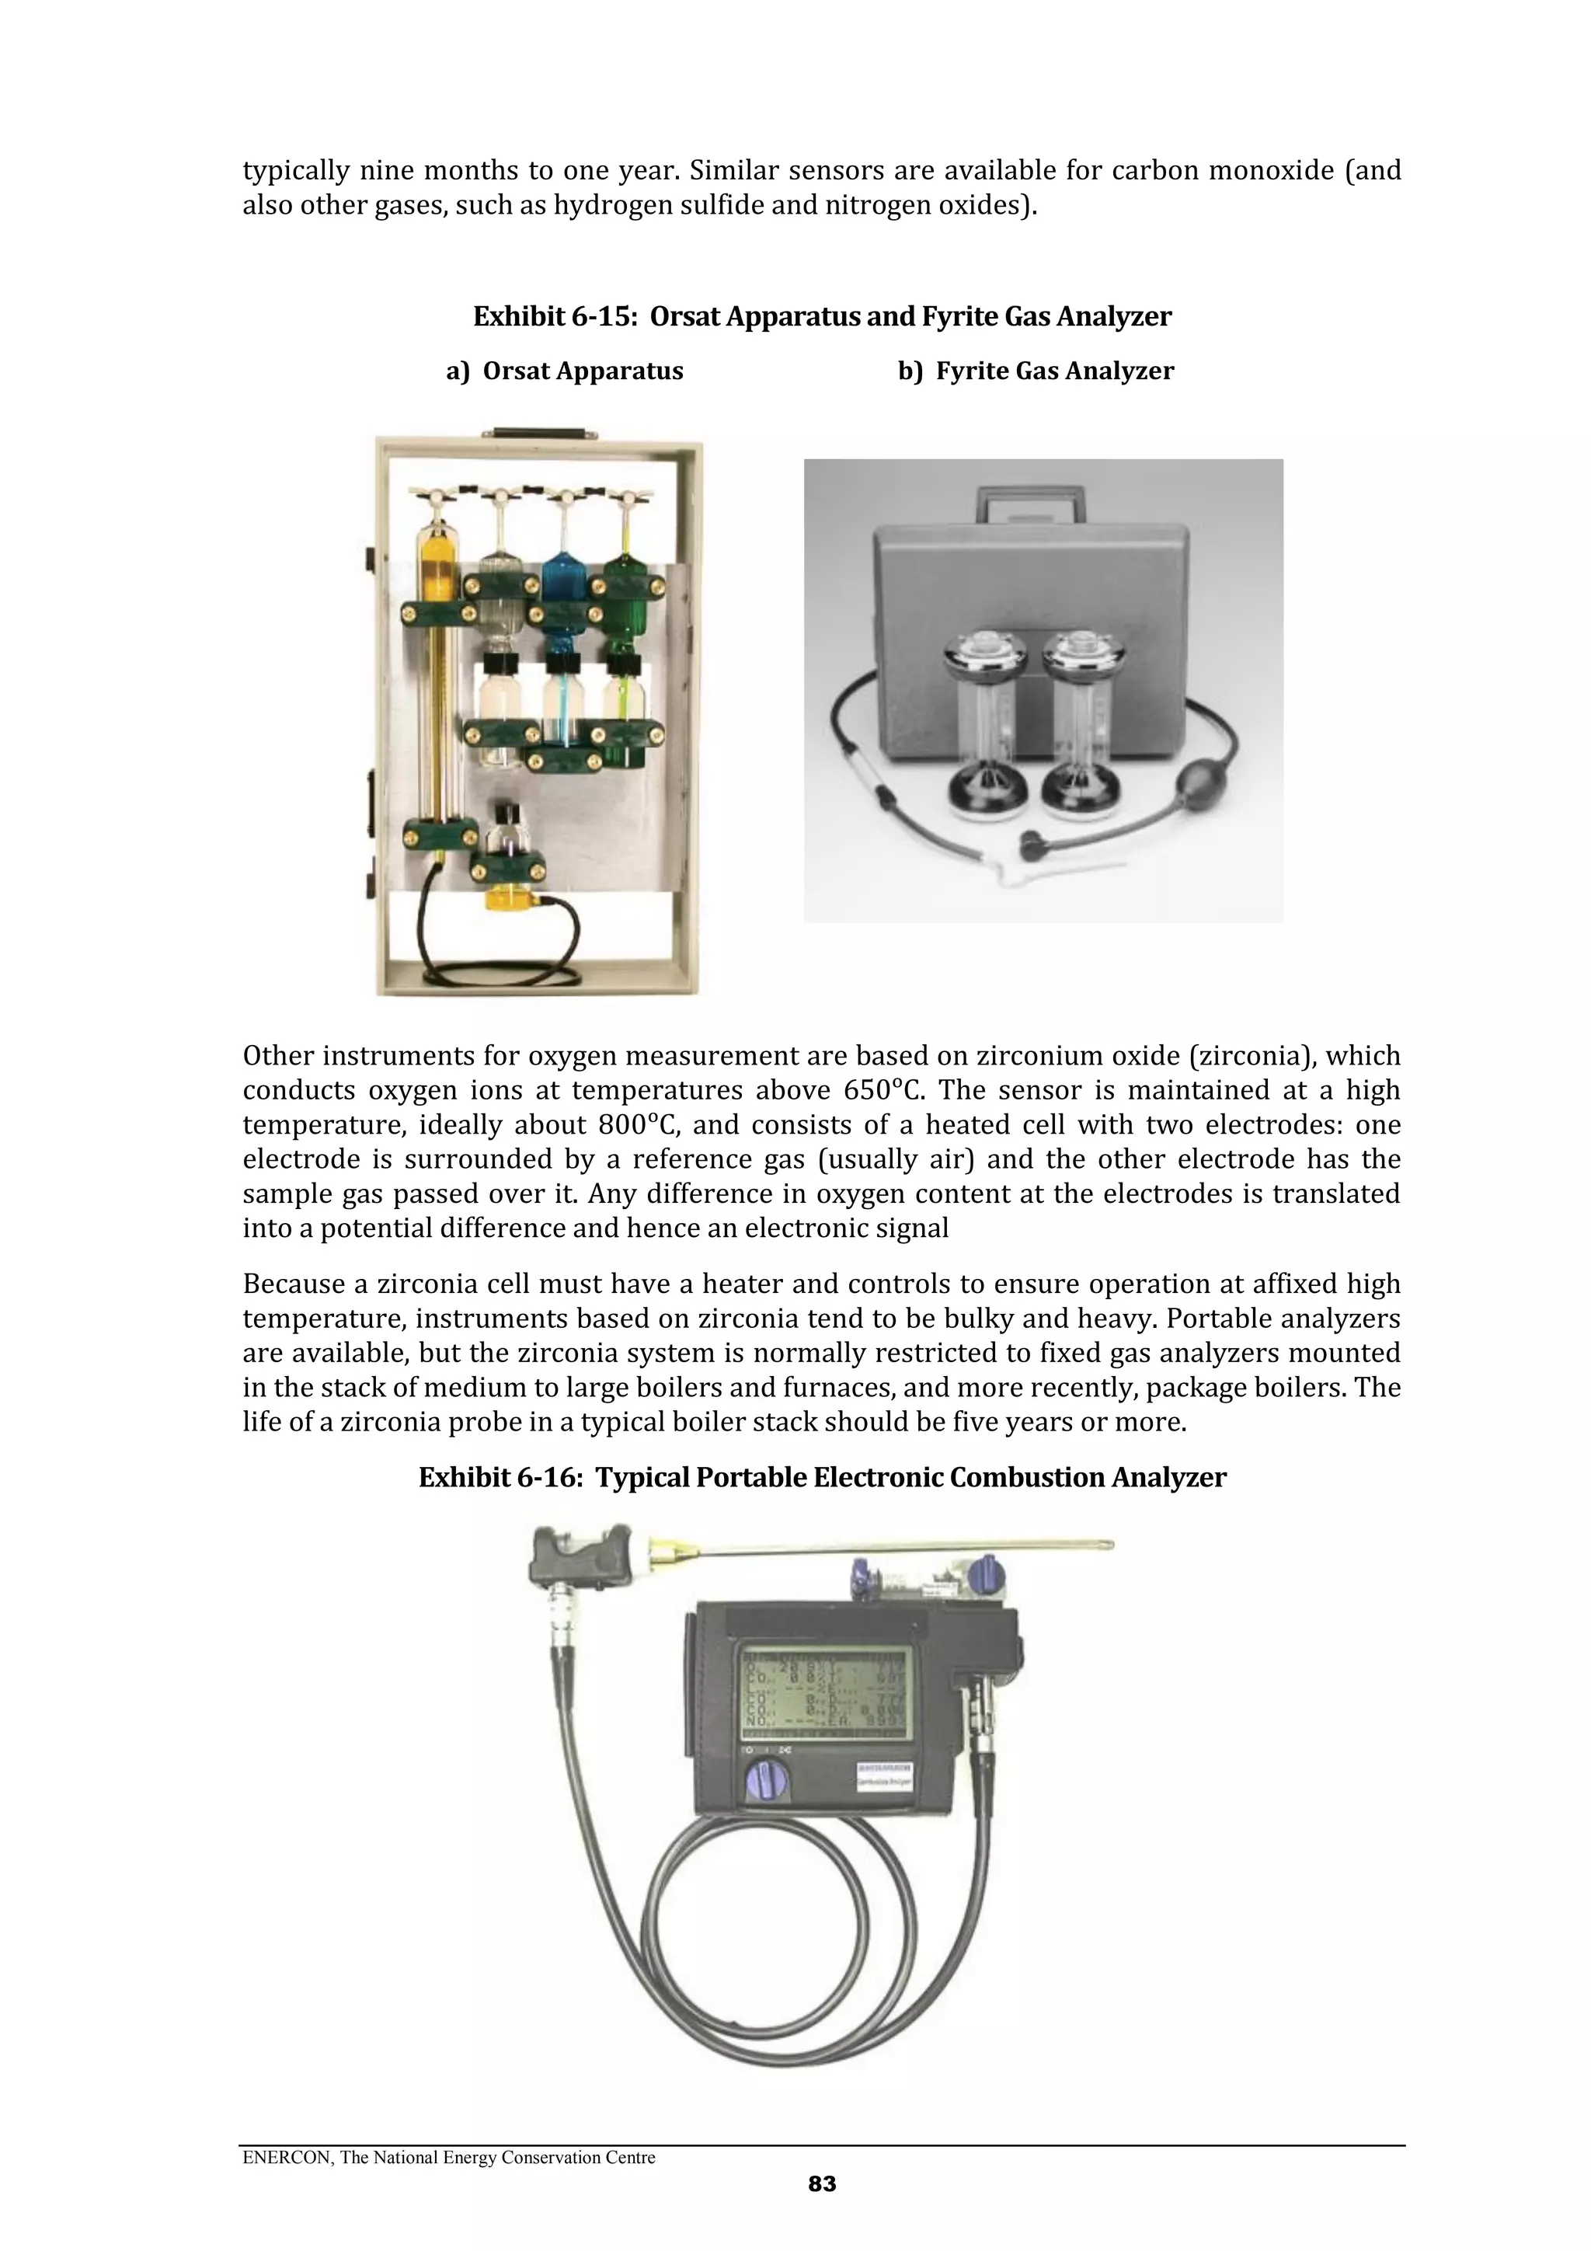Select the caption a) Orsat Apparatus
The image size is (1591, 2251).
tap(564, 371)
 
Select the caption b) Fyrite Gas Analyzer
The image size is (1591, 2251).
tap(1036, 371)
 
